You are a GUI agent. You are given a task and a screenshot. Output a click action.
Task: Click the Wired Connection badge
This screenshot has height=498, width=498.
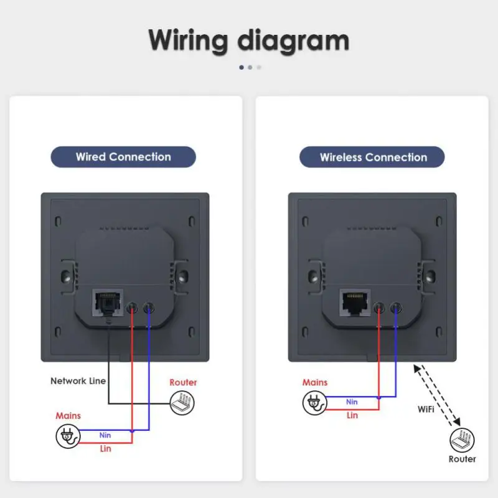pyautogui.click(x=123, y=157)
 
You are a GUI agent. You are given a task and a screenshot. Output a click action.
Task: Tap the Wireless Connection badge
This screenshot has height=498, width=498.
pyautogui.click(x=372, y=157)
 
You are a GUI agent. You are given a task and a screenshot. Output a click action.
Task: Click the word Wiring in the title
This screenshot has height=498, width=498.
pyautogui.click(x=188, y=40)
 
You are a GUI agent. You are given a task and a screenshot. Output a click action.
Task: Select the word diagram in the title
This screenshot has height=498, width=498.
pyautogui.click(x=293, y=40)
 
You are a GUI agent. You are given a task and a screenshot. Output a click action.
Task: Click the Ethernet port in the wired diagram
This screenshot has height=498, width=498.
pyautogui.click(x=108, y=303)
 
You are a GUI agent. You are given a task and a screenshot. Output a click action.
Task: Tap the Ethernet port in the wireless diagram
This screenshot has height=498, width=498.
pyautogui.click(x=355, y=303)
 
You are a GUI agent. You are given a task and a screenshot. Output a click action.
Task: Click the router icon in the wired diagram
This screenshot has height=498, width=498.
pyautogui.click(x=182, y=403)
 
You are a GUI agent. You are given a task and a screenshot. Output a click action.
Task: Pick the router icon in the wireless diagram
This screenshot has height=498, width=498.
pyautogui.click(x=462, y=440)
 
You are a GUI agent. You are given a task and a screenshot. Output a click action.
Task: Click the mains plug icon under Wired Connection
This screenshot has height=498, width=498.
pyautogui.click(x=68, y=436)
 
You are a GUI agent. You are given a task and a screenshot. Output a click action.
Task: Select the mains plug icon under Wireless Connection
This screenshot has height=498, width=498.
pyautogui.click(x=314, y=403)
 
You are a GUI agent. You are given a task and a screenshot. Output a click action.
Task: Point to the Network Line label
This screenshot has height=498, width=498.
pyautogui.click(x=78, y=381)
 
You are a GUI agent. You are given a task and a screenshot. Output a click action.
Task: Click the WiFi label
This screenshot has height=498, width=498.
pyautogui.click(x=426, y=409)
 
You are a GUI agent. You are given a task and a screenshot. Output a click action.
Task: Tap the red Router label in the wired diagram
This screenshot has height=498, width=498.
pyautogui.click(x=183, y=382)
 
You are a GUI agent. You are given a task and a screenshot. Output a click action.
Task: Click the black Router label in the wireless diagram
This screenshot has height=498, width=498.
pyautogui.click(x=462, y=459)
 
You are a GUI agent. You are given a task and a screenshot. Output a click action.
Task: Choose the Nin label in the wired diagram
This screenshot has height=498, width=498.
pyautogui.click(x=105, y=435)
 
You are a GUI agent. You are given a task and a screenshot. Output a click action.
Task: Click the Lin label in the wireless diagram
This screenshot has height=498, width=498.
pyautogui.click(x=352, y=415)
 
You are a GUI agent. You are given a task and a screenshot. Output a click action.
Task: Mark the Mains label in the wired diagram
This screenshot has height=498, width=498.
pyautogui.click(x=68, y=415)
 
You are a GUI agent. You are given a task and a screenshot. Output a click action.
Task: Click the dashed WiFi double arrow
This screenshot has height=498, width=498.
pyautogui.click(x=437, y=395)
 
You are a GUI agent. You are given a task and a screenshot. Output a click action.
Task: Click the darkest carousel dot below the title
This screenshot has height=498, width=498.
pyautogui.click(x=242, y=67)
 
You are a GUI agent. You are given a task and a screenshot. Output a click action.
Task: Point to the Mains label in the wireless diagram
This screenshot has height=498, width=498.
pyautogui.click(x=315, y=382)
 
